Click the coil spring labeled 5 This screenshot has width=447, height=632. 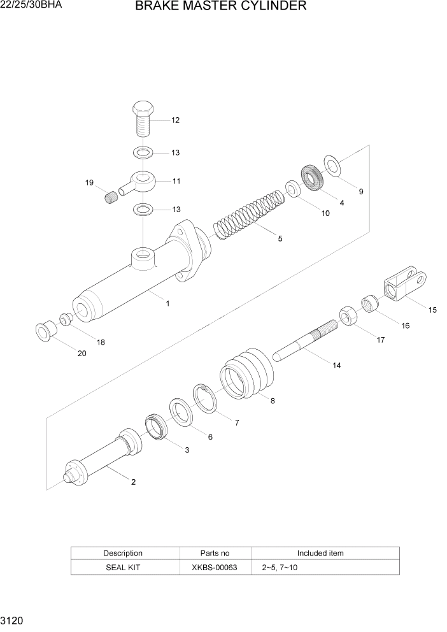pos(249,211)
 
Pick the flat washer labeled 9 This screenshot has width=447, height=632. pos(332,165)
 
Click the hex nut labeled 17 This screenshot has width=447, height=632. pos(348,315)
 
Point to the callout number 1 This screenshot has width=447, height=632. pos(167,304)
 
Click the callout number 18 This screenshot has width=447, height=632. pos(101,342)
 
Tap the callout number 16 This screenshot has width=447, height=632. pos(405,326)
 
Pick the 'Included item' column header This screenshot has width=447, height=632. pos(320,553)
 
